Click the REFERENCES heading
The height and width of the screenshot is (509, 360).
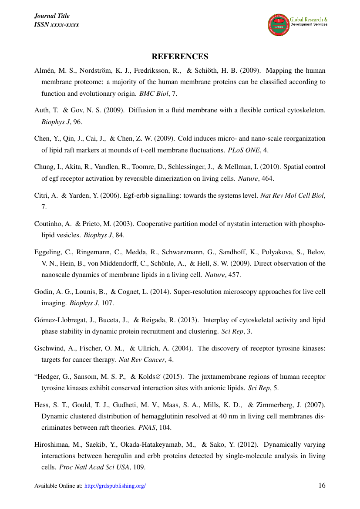(180, 57)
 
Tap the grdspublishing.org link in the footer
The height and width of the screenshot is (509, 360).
(115, 486)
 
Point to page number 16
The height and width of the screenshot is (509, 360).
(322, 485)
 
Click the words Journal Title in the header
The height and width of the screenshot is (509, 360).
(51, 16)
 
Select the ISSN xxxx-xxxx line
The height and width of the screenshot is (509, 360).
(57, 24)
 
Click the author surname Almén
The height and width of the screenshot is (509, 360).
(44, 71)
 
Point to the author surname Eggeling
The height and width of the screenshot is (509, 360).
(47, 252)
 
